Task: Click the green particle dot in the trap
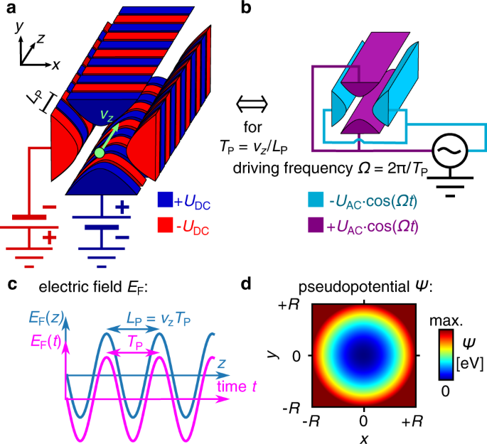[100, 151]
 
